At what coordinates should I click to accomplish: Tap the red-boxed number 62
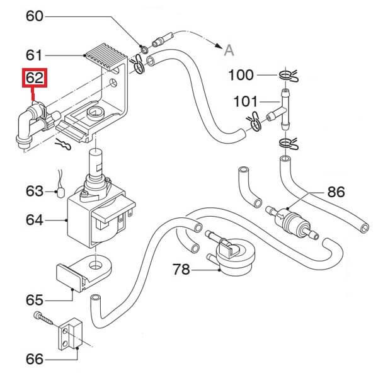(x=35, y=79)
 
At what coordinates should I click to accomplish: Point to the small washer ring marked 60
(x=144, y=48)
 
